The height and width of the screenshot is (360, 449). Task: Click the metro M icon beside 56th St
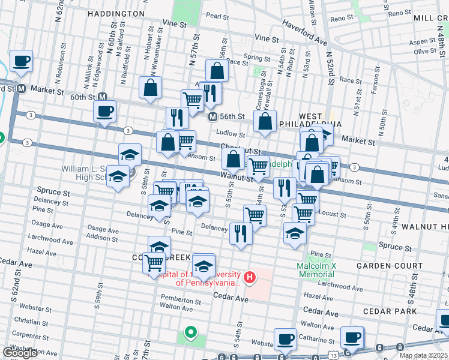[212, 116]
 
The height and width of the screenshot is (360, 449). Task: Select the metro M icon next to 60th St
[102, 97]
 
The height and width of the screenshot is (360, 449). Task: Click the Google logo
[20, 353]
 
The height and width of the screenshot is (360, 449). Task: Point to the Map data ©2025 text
[423, 355]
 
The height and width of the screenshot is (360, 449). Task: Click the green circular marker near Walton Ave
[190, 331]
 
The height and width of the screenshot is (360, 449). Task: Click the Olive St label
[425, 51]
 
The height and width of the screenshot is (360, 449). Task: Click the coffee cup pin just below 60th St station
[104, 112]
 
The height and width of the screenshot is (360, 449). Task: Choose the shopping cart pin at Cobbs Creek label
[154, 262]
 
